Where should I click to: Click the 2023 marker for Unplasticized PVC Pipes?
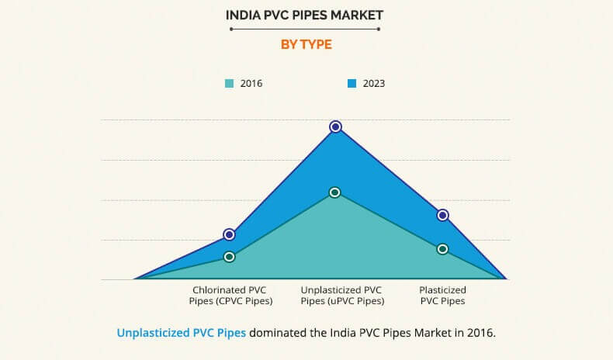pos(335,126)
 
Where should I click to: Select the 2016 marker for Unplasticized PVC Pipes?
pos(334,192)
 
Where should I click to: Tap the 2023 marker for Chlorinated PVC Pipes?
pos(229,234)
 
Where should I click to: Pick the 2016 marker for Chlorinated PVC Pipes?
pos(229,257)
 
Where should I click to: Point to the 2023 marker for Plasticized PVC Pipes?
pos(442,215)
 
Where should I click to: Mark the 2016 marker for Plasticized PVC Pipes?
pos(442,249)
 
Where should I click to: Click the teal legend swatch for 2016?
pos(230,83)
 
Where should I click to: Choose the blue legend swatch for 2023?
pos(352,83)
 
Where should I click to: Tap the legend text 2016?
pos(251,83)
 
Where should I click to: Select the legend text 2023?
pos(373,83)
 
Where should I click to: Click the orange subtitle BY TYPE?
pos(306,45)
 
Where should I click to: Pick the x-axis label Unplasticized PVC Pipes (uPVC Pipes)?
pos(341,295)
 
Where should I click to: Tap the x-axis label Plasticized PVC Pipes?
pos(442,295)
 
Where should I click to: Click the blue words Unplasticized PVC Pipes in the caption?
pos(182,333)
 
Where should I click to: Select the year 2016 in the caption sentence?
pos(480,333)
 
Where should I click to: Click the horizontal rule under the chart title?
pos(306,29)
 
